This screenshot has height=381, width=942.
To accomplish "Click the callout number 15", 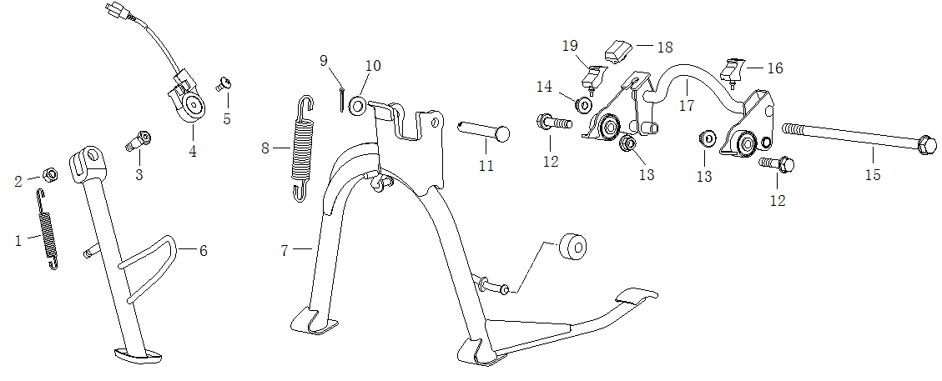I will [872, 175].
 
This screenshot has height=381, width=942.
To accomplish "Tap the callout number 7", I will [285, 250].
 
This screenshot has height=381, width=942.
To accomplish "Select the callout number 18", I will [664, 48].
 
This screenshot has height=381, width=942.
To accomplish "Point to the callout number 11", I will [486, 166].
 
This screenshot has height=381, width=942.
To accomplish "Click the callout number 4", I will [193, 152].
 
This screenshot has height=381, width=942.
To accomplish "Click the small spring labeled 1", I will [48, 229].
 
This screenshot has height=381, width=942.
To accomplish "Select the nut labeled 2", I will [49, 174].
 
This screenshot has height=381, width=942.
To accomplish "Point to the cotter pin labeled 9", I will [342, 97].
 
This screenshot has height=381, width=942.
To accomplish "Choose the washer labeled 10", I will [356, 105].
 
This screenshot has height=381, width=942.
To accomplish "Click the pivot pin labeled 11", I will [483, 131].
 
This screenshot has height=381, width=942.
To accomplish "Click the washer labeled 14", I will [584, 106].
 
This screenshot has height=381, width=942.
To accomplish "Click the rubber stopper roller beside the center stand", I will [572, 248].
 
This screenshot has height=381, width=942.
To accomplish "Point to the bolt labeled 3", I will [139, 139].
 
